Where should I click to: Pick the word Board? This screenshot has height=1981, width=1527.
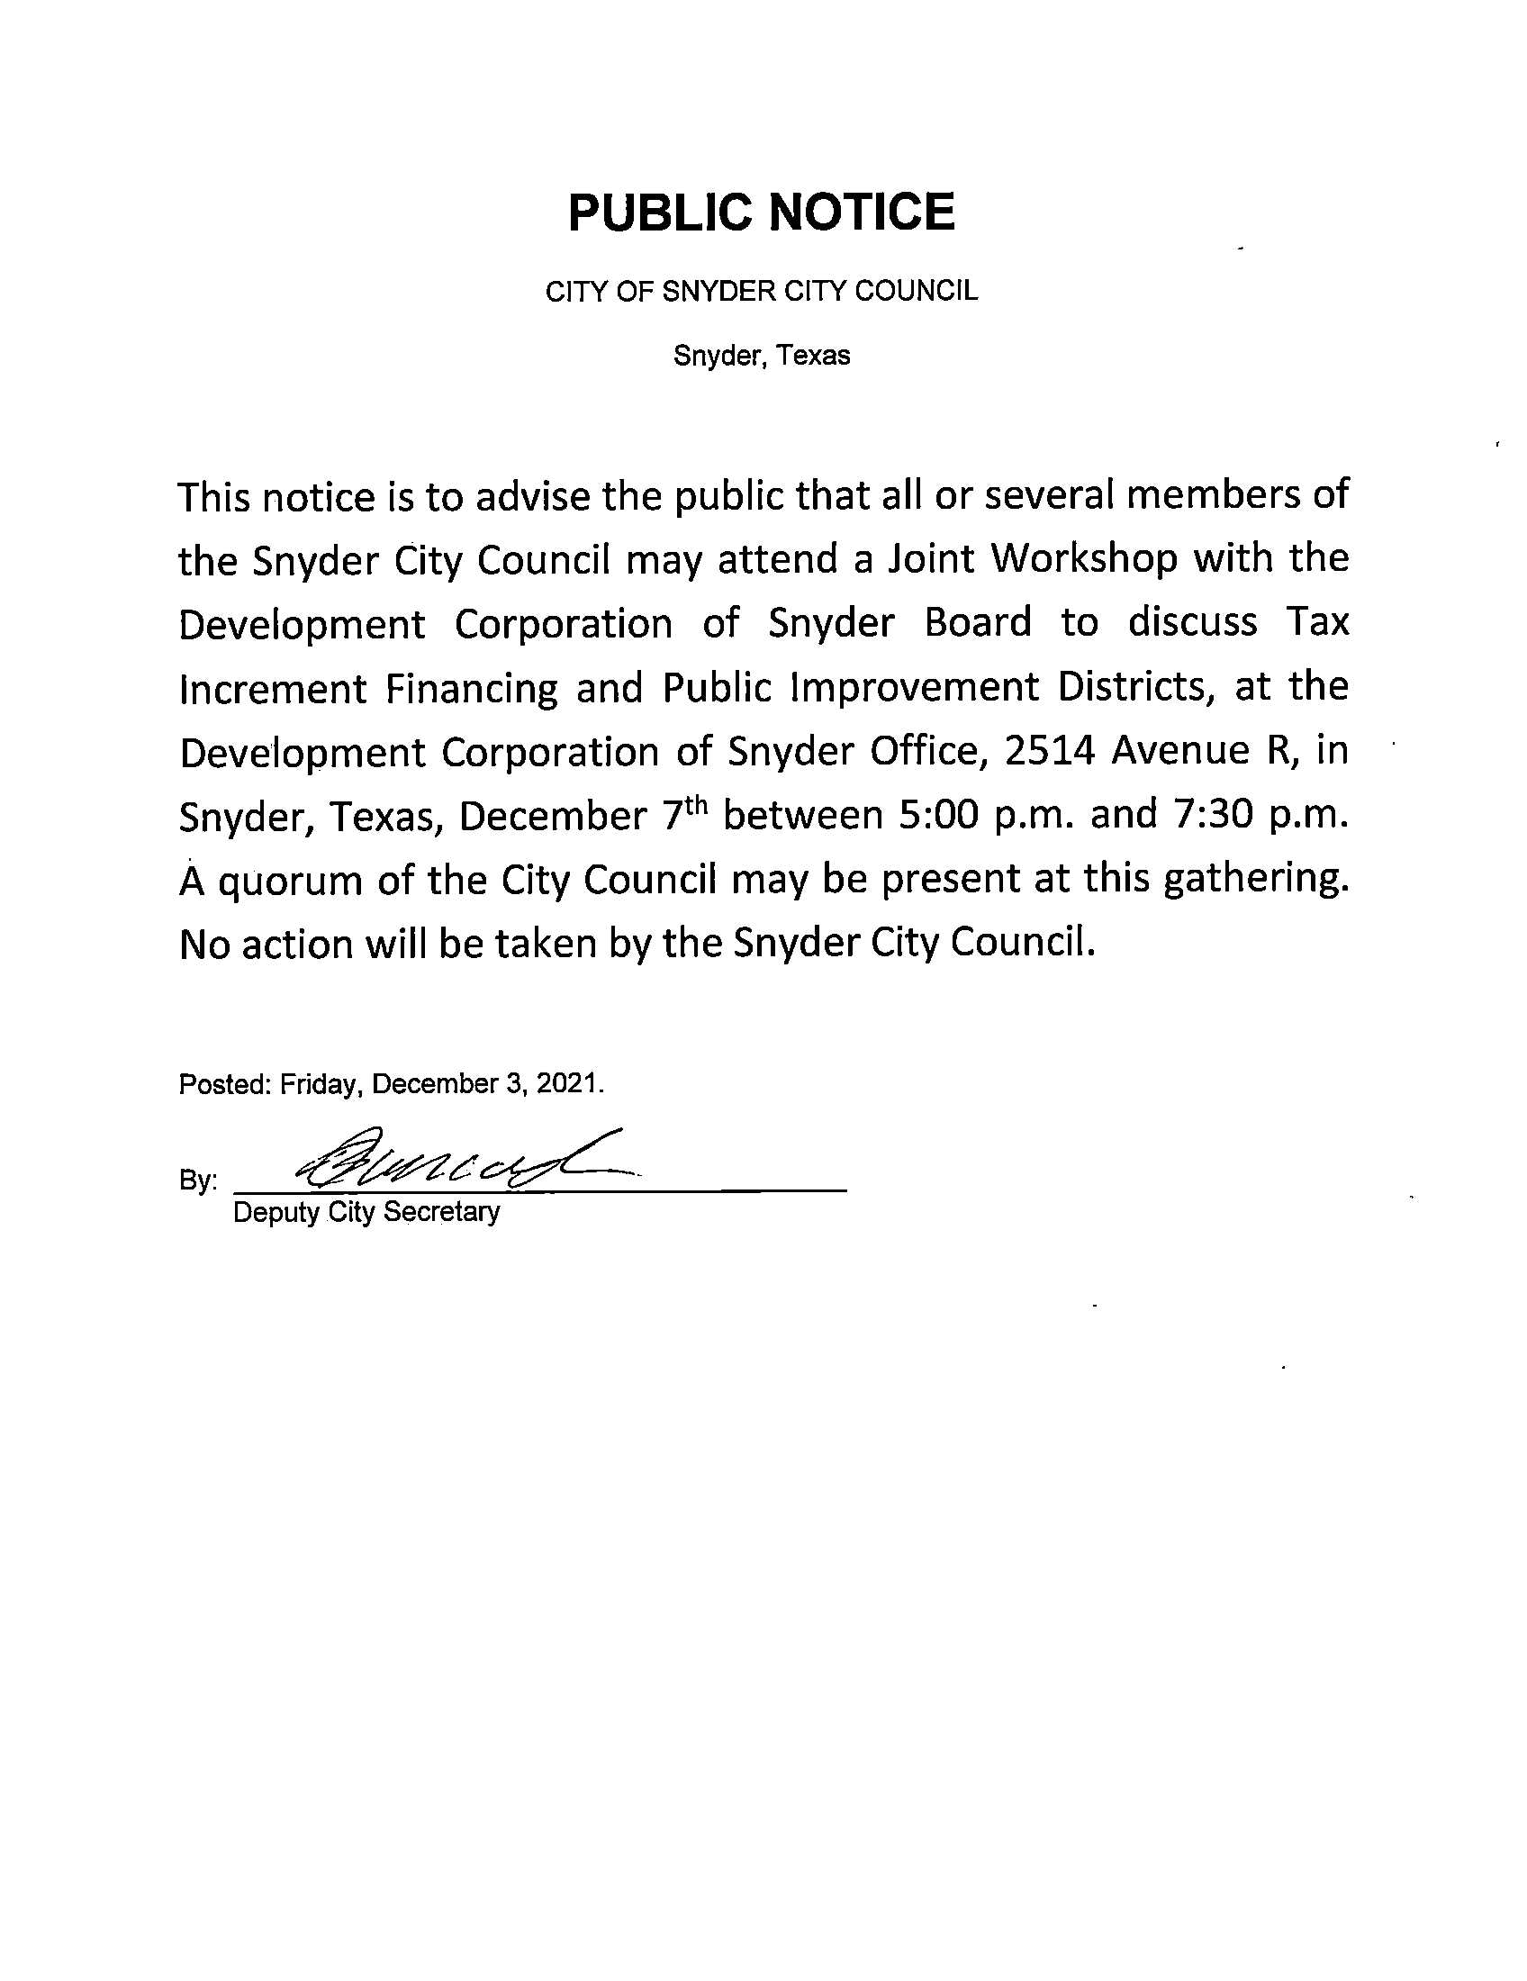click(x=978, y=623)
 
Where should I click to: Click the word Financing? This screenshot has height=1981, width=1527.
click(x=472, y=689)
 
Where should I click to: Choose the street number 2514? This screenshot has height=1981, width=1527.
click(x=1049, y=751)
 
